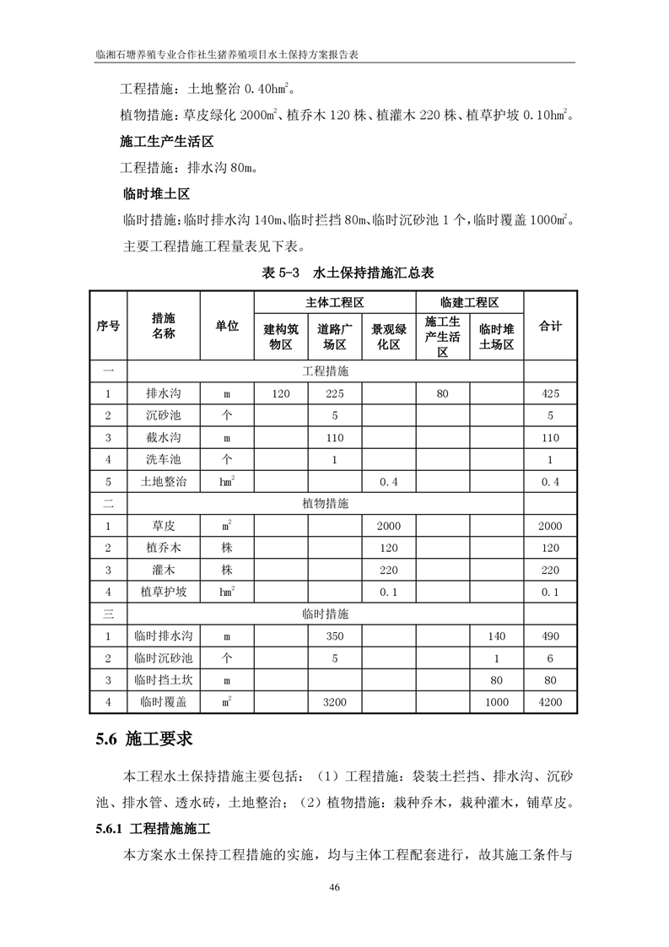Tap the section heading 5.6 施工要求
click(144, 739)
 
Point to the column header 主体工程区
click(334, 302)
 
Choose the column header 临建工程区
click(470, 302)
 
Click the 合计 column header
click(550, 326)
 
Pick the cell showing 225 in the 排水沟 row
click(334, 394)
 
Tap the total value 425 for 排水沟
click(550, 394)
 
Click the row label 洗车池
click(163, 460)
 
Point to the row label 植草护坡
click(163, 592)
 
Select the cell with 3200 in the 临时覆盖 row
click(334, 701)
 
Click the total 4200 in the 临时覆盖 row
click(550, 701)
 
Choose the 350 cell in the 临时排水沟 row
click(334, 636)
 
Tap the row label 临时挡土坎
click(163, 679)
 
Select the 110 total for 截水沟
click(550, 438)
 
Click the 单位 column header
click(227, 326)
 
